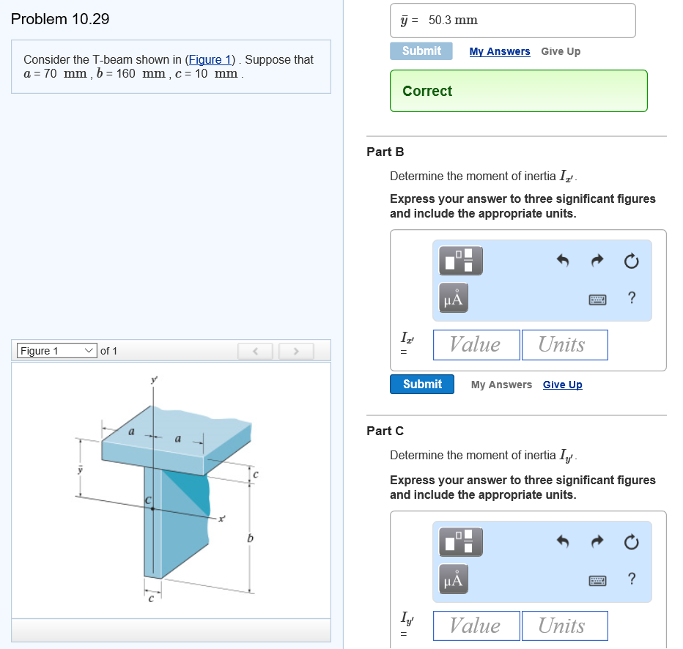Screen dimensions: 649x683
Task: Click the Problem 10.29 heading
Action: click(x=61, y=20)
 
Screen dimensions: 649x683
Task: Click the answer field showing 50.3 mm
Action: click(x=513, y=21)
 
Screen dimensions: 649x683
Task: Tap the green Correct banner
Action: click(x=518, y=91)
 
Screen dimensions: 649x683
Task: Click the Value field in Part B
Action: click(x=476, y=345)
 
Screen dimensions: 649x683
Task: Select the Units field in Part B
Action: click(x=564, y=345)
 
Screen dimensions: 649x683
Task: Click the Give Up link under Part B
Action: click(x=562, y=385)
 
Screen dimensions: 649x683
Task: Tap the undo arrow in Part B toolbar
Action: click(x=563, y=261)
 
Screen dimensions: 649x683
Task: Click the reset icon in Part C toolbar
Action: click(x=632, y=542)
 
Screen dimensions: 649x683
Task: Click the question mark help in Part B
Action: click(x=632, y=297)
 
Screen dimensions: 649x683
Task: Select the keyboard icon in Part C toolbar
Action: click(x=597, y=580)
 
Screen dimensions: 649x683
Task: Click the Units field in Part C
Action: click(x=564, y=626)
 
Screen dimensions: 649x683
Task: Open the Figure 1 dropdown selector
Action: click(x=56, y=351)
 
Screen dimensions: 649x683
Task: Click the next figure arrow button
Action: click(x=295, y=352)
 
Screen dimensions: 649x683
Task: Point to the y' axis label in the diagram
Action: click(x=154, y=379)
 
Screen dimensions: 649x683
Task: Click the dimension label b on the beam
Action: click(x=250, y=539)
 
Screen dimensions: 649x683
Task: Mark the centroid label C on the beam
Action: click(x=147, y=500)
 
